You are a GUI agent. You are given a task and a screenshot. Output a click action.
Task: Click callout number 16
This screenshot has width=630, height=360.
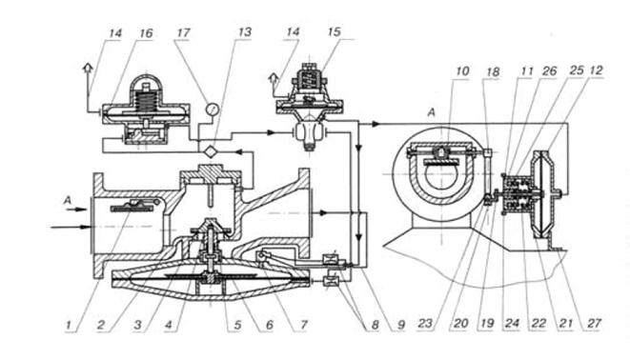(146, 33)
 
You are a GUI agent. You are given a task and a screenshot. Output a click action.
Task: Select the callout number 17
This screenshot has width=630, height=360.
(183, 32)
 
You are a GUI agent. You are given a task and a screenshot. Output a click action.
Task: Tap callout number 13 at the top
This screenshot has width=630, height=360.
(244, 32)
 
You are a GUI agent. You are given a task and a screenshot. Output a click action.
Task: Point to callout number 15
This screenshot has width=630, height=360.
(334, 31)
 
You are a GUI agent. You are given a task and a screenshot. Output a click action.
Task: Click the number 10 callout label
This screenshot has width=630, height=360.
(462, 71)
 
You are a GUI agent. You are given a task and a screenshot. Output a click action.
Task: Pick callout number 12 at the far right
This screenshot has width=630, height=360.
(597, 70)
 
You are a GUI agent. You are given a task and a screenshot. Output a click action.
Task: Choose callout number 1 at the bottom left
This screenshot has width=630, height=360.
(69, 325)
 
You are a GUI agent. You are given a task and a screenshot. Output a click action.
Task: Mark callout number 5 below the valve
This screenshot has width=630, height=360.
(238, 325)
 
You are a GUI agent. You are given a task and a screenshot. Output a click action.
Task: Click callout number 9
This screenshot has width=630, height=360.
(401, 325)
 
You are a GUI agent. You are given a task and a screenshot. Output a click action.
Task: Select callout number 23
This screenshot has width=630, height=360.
(425, 324)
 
